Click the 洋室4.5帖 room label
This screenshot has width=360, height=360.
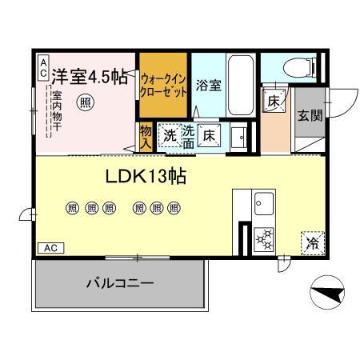[88, 78]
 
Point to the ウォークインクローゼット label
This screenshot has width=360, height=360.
[163, 85]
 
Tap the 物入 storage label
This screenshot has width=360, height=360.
[146, 138]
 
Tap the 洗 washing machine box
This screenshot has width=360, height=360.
[170, 134]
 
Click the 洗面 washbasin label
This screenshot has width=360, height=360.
[189, 135]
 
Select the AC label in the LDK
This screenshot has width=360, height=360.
[50, 249]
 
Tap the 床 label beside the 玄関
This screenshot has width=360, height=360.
[273, 102]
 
